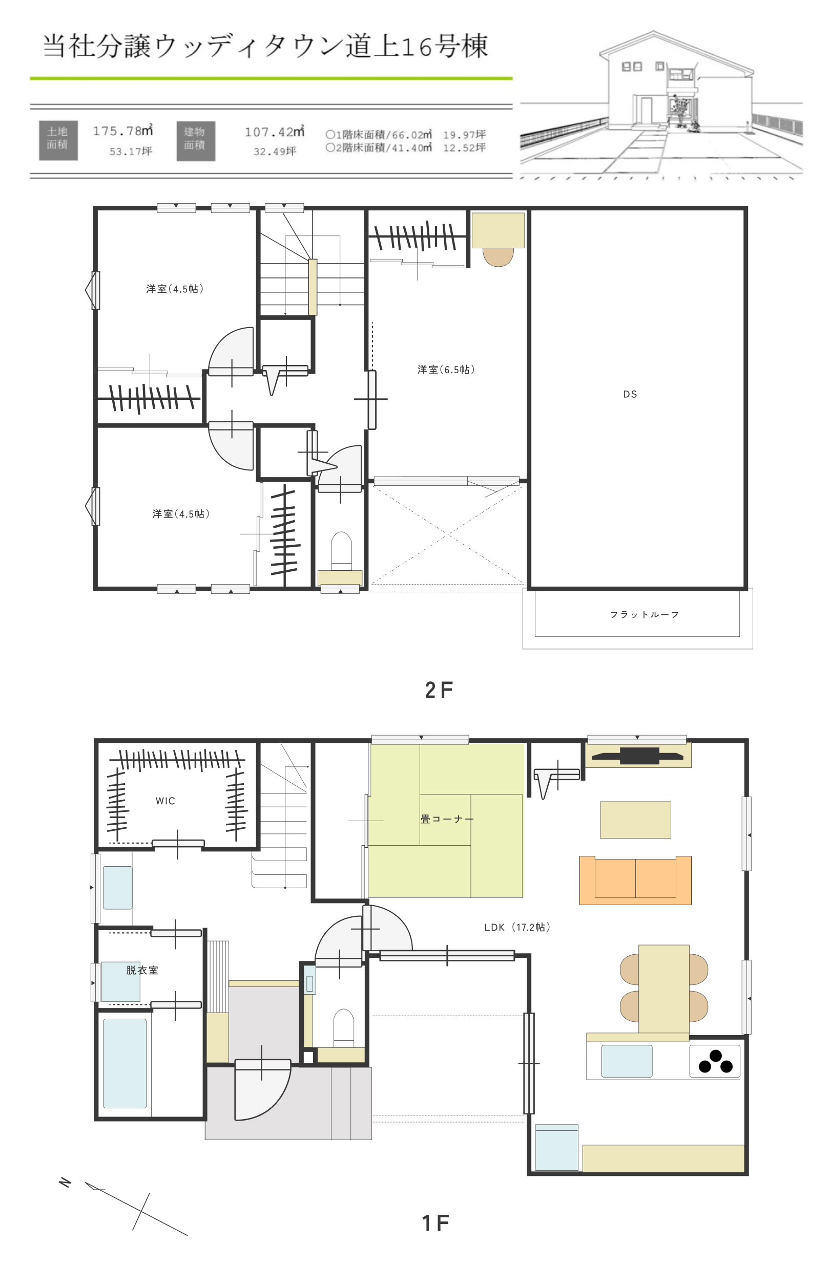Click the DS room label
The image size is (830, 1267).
(x=630, y=395)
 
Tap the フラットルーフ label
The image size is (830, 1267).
(x=644, y=615)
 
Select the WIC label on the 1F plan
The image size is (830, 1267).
(x=165, y=801)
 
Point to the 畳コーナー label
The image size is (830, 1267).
(x=446, y=819)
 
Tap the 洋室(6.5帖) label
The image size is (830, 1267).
(x=446, y=370)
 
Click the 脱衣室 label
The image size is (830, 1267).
(x=142, y=970)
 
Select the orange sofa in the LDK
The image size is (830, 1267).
(x=635, y=880)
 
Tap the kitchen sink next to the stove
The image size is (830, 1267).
(x=627, y=1061)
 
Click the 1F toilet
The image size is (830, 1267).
(x=343, y=1027)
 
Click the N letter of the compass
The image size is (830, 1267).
(x=65, y=1183)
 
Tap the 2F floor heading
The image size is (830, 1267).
(x=439, y=690)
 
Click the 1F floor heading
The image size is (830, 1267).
(x=435, y=1223)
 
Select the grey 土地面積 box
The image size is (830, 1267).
(x=58, y=141)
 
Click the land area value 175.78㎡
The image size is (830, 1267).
(x=122, y=131)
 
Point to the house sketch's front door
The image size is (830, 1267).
(x=646, y=110)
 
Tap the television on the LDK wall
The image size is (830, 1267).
(x=638, y=756)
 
